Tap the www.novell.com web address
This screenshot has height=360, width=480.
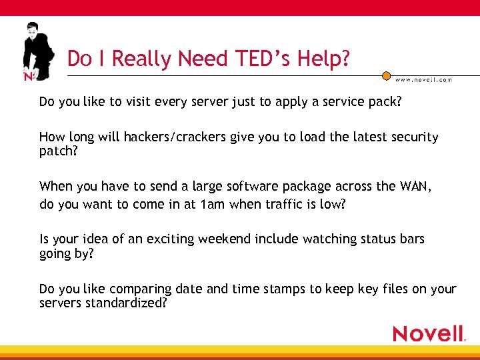point(423,79)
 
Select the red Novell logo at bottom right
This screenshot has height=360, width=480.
point(428,333)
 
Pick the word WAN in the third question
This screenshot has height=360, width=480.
point(416,186)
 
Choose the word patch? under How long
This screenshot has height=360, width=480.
point(58,151)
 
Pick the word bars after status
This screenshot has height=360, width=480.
point(411,239)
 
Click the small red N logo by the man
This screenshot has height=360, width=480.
point(28,76)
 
